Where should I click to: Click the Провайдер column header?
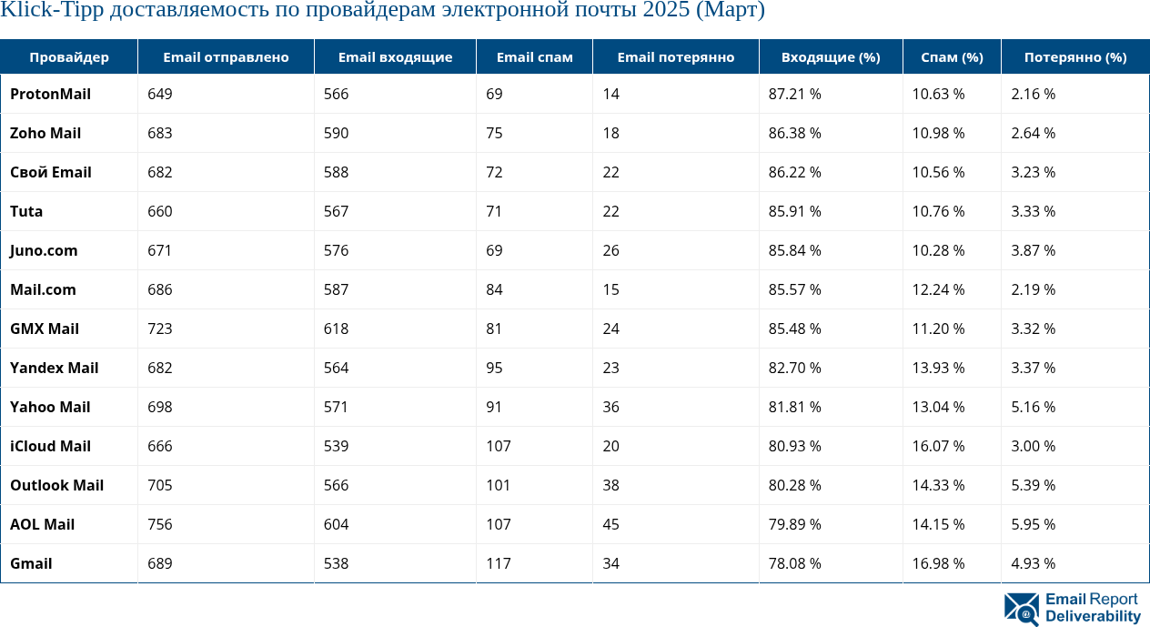click(x=68, y=57)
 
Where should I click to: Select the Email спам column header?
click(x=534, y=57)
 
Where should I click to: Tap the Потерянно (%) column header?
click(x=1074, y=57)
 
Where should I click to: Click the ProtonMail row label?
click(x=50, y=94)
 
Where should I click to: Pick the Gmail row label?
click(x=31, y=563)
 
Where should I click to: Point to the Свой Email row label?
click(x=51, y=172)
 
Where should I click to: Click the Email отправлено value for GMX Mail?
click(x=160, y=329)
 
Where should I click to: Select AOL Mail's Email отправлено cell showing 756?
click(x=160, y=524)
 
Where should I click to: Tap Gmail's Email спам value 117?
click(x=499, y=563)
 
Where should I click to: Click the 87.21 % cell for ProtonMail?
click(x=795, y=94)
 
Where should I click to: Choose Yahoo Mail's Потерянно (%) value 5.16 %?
click(x=1034, y=407)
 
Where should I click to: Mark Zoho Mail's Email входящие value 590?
click(x=337, y=133)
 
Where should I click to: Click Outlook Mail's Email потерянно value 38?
click(x=611, y=485)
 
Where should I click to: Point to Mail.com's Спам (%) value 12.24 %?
click(x=938, y=289)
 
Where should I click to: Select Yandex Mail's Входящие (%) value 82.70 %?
click(x=795, y=368)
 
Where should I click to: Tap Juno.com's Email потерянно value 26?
click(x=611, y=250)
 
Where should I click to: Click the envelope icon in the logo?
click(x=1022, y=609)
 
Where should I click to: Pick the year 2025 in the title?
click(x=663, y=11)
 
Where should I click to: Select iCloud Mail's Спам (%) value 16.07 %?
click(x=938, y=446)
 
